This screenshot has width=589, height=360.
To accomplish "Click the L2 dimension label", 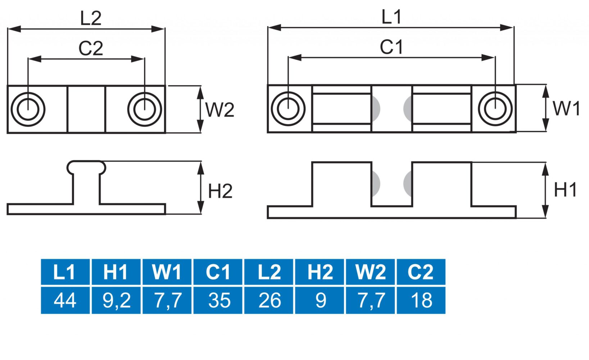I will point(91,18).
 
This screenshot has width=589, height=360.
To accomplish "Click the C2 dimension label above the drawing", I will point(91,48).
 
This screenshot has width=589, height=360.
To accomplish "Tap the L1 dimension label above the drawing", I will point(391,17).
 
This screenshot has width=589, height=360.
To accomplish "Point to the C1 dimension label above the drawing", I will point(391,47).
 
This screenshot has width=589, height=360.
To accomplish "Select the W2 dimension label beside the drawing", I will point(219,109).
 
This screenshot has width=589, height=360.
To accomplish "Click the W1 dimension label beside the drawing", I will point(566,108).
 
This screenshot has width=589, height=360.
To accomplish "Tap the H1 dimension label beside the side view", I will point(565,190).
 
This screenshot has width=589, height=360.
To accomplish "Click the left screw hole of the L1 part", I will point(288,108).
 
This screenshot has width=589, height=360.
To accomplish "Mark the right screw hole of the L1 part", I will point(495,108).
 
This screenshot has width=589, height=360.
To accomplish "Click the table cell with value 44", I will point(65,300).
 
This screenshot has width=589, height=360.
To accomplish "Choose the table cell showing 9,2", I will point(116,300).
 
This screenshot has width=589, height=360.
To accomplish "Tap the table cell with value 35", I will point(218,300).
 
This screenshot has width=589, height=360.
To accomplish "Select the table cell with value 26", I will point(269,300).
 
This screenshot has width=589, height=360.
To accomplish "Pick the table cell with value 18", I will point(421,300).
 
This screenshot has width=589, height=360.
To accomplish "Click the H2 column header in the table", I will point(320,272).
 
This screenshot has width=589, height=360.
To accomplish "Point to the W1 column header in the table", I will point(167,272).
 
